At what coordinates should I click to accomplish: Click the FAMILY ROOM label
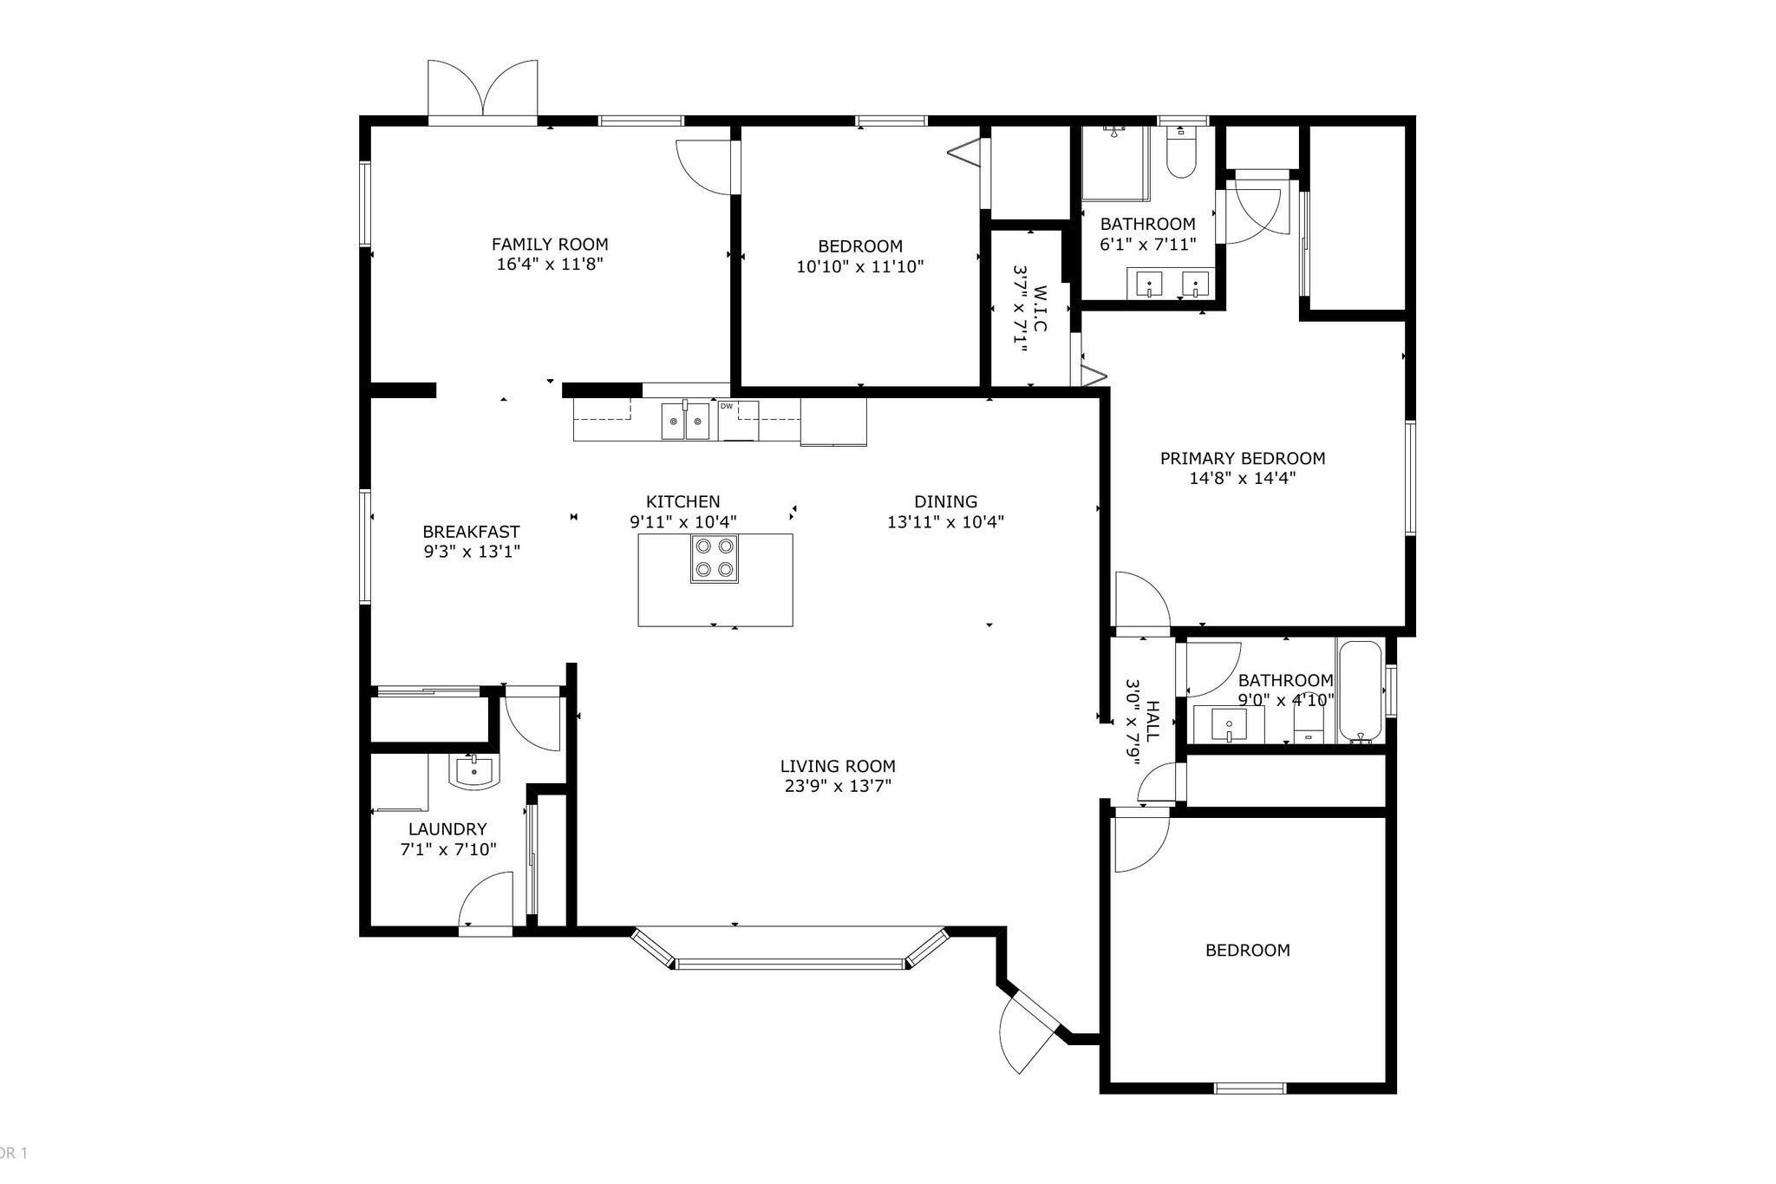point(550,245)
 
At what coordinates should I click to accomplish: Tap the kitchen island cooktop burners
point(715,558)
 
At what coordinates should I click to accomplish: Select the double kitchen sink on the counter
point(685,421)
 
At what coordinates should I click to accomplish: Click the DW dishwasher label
point(727,406)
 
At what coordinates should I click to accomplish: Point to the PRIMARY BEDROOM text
point(1242,458)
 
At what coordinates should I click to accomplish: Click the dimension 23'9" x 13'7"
point(837,787)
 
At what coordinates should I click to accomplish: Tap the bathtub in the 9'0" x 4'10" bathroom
point(1359,692)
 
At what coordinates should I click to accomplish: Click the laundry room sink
point(473,770)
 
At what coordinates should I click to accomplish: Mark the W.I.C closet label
point(1039,309)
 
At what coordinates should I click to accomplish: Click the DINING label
point(945,501)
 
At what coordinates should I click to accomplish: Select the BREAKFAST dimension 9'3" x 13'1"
point(471,552)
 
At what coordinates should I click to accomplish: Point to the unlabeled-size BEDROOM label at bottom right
point(1247,950)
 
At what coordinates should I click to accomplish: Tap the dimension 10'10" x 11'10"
point(859,266)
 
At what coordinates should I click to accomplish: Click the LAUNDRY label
point(447,828)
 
